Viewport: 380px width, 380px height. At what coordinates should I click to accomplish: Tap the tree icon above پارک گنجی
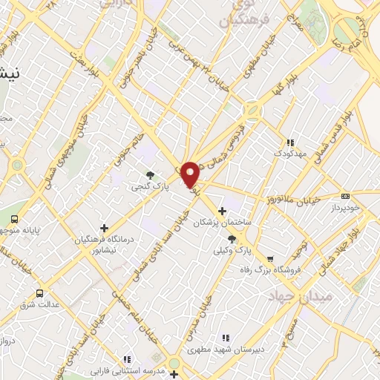pos(150,175)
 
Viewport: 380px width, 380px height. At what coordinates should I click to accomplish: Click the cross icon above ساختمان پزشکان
pos(222,211)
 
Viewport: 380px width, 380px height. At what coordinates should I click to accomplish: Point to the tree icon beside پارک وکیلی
pos(232,239)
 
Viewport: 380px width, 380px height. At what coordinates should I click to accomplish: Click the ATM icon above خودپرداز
pos(364,197)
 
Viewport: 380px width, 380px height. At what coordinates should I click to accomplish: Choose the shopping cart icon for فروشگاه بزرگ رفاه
pos(270,260)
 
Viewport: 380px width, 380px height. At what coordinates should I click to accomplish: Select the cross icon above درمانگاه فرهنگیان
pos(104,228)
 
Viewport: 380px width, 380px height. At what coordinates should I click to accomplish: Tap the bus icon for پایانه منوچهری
pos(14,219)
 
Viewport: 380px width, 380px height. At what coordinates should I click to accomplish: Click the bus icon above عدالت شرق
pos(39,293)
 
